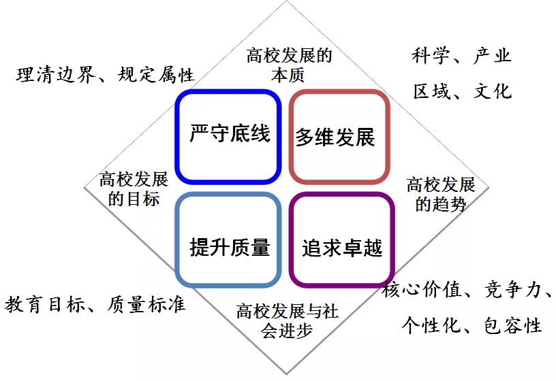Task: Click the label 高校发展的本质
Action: click(289, 65)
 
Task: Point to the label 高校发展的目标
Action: click(134, 188)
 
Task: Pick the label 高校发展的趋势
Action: click(441, 195)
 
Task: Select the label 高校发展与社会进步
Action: click(288, 321)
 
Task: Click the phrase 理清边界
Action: click(56, 75)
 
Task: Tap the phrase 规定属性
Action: click(156, 75)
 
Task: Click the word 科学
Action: click(431, 56)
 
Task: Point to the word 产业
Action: click(492, 56)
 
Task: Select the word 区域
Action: click(432, 91)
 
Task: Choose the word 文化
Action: click(493, 91)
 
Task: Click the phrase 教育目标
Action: click(45, 305)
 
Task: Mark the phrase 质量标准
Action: click(146, 305)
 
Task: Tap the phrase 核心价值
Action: click(422, 289)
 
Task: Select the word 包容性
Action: click(513, 325)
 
